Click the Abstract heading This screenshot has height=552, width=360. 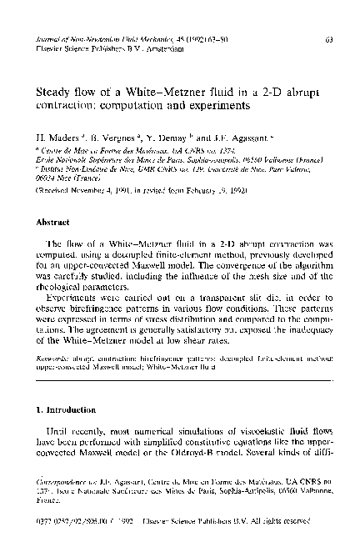[51, 223]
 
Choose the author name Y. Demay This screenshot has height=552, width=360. [154, 133]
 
